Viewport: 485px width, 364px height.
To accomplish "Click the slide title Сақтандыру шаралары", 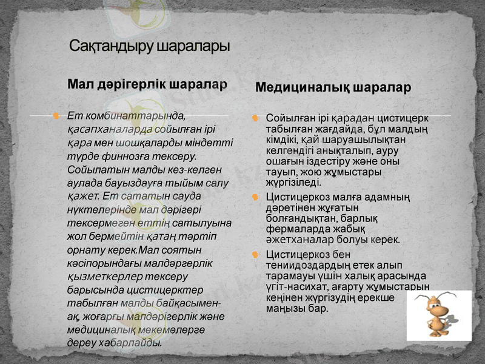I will pyautogui.click(x=149, y=46).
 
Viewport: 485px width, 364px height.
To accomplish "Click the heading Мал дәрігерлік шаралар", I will pyautogui.click(x=147, y=83).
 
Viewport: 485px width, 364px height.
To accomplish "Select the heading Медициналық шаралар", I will pyautogui.click(x=333, y=87).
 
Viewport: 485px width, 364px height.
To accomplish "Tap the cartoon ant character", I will pyautogui.click(x=438, y=314).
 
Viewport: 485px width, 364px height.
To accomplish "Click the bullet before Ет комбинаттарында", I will pyautogui.click(x=56, y=115).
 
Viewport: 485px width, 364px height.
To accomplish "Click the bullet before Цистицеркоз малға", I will pyautogui.click(x=255, y=197).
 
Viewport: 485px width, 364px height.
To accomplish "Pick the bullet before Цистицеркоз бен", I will pyautogui.click(x=255, y=254).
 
